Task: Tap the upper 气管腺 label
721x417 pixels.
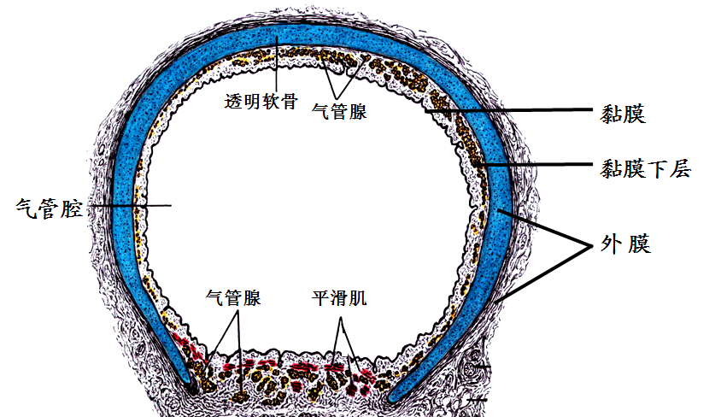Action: [340, 111]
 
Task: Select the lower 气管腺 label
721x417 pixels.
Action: [233, 298]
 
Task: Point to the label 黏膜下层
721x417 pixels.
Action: [645, 168]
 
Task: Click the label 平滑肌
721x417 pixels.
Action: [339, 299]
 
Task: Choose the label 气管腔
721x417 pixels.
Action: [49, 208]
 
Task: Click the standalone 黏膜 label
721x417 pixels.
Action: [623, 114]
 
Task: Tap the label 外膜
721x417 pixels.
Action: [626, 244]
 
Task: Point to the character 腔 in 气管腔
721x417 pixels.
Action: [71, 208]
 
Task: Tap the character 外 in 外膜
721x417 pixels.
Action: [611, 244]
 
